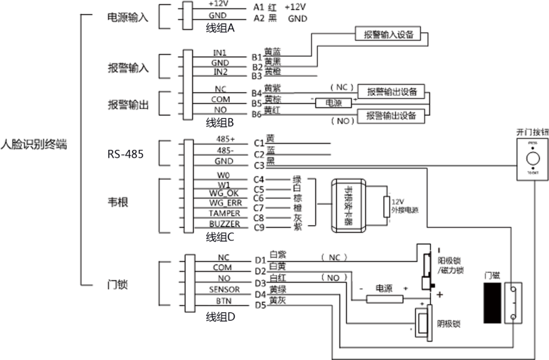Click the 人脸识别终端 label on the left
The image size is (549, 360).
click(34, 144)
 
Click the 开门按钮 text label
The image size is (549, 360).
click(532, 131)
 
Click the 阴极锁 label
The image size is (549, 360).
click(448, 323)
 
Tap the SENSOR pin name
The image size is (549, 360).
click(224, 289)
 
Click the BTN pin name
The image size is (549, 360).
click(224, 301)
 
